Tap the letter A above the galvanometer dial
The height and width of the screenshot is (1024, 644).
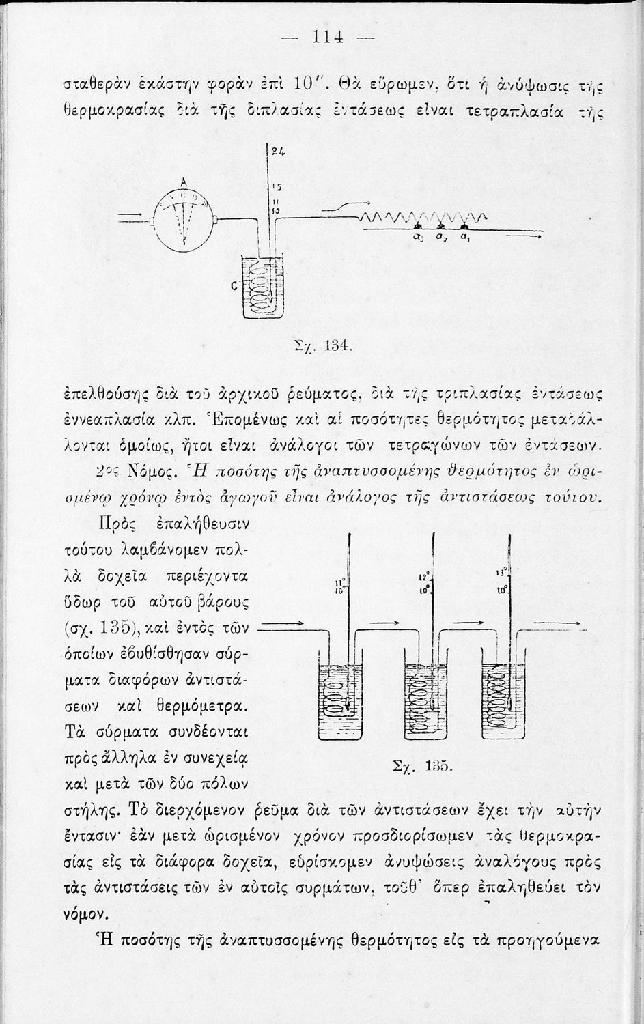point(183,182)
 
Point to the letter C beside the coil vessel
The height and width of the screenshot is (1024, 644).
point(234,287)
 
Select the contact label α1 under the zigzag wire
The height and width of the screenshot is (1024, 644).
point(464,237)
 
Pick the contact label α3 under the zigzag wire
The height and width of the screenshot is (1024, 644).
point(417,237)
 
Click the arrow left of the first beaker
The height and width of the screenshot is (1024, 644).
point(282,624)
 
